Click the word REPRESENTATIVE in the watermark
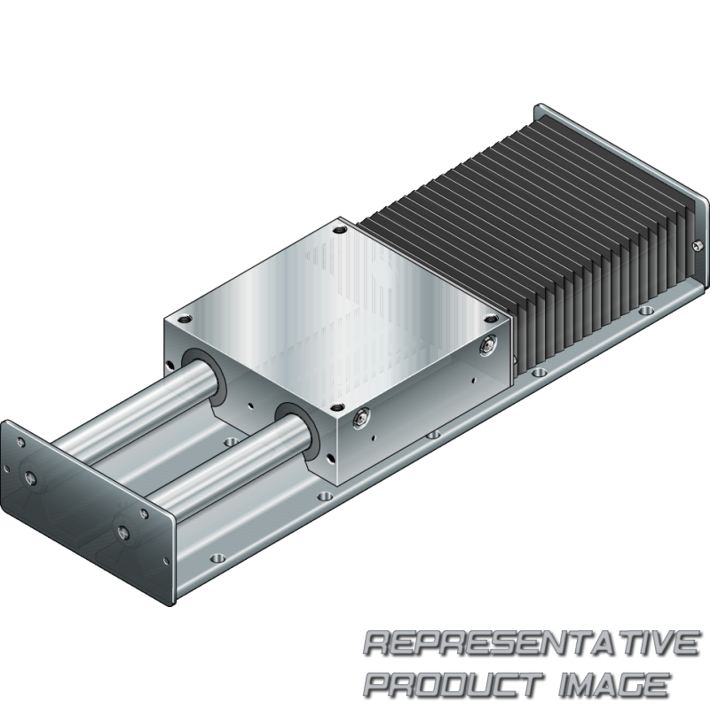(x=531, y=644)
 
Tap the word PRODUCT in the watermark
(x=454, y=684)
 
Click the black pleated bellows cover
(x=534, y=235)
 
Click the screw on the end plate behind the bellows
(x=697, y=246)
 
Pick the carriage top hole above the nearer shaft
(x=336, y=408)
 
